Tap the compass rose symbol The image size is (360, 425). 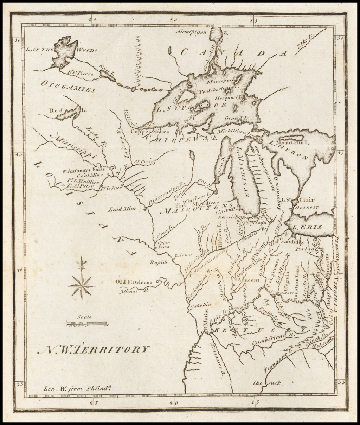(82, 285)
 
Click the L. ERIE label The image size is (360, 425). (309, 227)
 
